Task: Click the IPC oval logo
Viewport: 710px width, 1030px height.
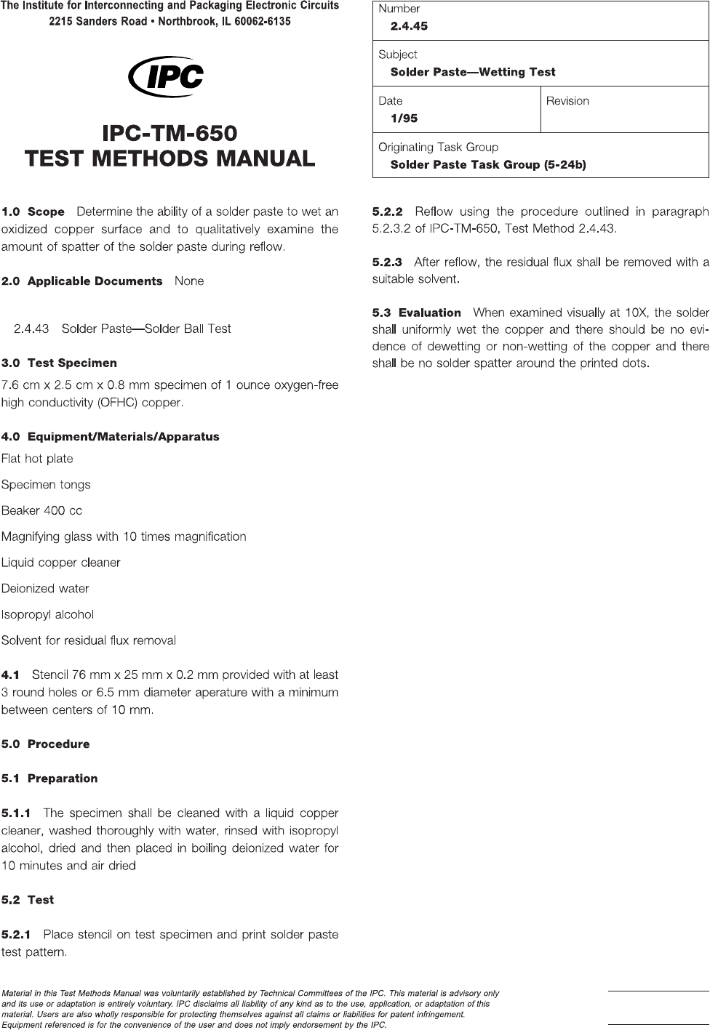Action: [166, 76]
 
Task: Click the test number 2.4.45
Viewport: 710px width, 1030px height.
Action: [409, 26]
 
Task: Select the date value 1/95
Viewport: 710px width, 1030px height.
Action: [404, 118]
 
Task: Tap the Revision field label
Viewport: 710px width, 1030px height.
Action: [567, 101]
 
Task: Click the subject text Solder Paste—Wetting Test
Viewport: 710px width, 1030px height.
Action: [473, 72]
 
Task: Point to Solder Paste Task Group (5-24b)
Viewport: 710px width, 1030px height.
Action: [488, 165]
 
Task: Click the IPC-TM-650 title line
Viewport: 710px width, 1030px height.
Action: [169, 134]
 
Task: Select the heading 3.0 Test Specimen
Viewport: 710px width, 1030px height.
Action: [59, 363]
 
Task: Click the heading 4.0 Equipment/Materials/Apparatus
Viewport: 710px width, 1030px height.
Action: [110, 437]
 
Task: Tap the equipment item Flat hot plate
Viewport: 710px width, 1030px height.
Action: [37, 459]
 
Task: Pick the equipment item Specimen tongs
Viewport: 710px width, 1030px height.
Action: [46, 485]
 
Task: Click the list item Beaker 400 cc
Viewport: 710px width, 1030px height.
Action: [41, 511]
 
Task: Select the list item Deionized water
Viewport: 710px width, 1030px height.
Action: [45, 589]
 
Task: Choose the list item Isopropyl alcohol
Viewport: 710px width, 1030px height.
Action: [47, 615]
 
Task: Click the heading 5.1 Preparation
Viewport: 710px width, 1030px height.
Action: [49, 778]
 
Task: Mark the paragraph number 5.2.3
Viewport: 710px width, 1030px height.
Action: [387, 262]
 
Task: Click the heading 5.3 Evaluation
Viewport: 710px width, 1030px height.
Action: [417, 313]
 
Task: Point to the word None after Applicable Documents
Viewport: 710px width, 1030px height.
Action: [189, 281]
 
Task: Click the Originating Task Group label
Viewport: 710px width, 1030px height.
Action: [438, 148]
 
